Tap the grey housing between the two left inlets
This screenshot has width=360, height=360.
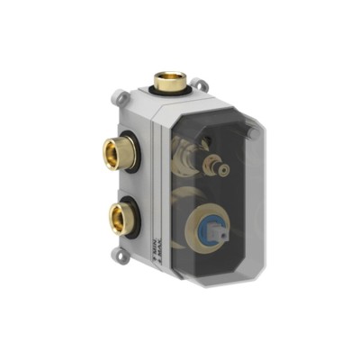[x=135, y=184]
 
